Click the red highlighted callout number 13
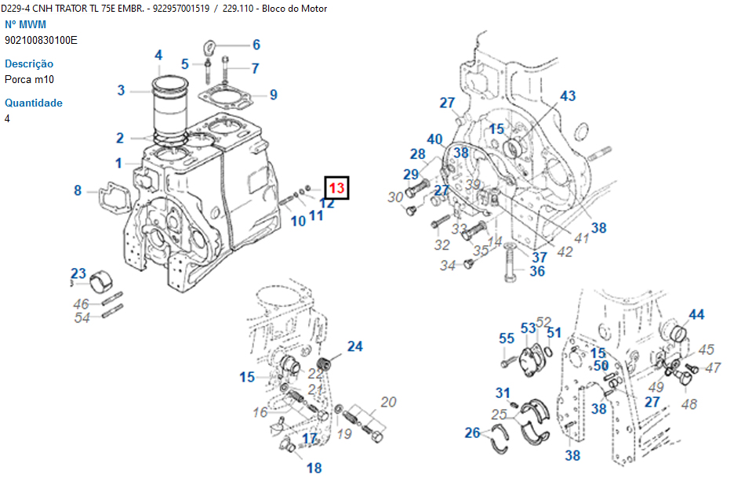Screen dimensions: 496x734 (x=336, y=188)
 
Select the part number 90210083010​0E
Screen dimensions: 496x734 (x=41, y=40)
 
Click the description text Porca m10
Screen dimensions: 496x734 (x=29, y=79)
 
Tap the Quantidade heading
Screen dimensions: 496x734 (x=34, y=103)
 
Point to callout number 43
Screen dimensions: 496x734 (x=567, y=96)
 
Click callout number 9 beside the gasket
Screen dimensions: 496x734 (x=273, y=95)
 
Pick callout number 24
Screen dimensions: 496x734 (x=355, y=346)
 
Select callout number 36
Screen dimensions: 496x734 (x=536, y=271)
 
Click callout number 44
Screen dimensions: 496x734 (x=696, y=315)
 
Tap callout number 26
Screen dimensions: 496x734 (x=472, y=433)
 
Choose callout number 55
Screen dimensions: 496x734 (x=507, y=339)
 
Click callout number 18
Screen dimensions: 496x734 (x=314, y=469)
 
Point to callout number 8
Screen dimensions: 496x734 (x=78, y=190)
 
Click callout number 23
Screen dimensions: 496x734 (x=78, y=273)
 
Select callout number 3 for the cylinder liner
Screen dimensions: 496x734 (x=121, y=90)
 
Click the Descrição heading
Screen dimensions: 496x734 (x=29, y=63)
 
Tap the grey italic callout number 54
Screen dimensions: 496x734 (x=82, y=317)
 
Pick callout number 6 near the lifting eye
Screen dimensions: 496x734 (x=256, y=45)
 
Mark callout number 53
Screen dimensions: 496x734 (x=528, y=328)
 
